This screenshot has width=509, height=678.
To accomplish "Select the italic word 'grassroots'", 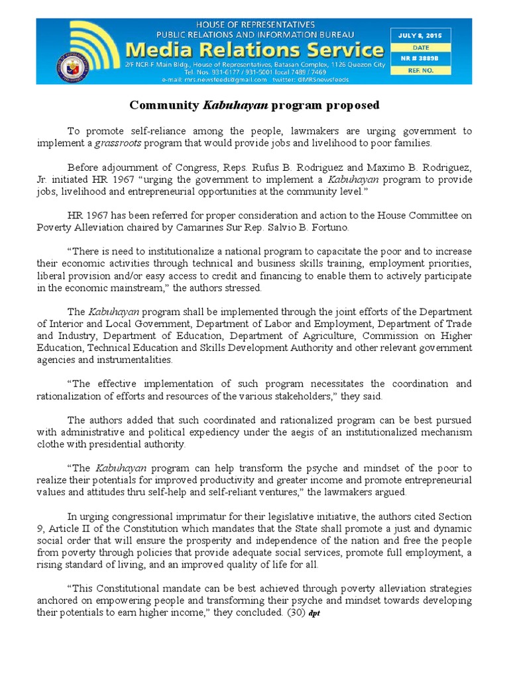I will tap(117, 143).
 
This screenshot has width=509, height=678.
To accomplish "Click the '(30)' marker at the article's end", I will tap(294, 612).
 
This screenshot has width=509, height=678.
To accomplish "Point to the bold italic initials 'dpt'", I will tap(314, 613).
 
